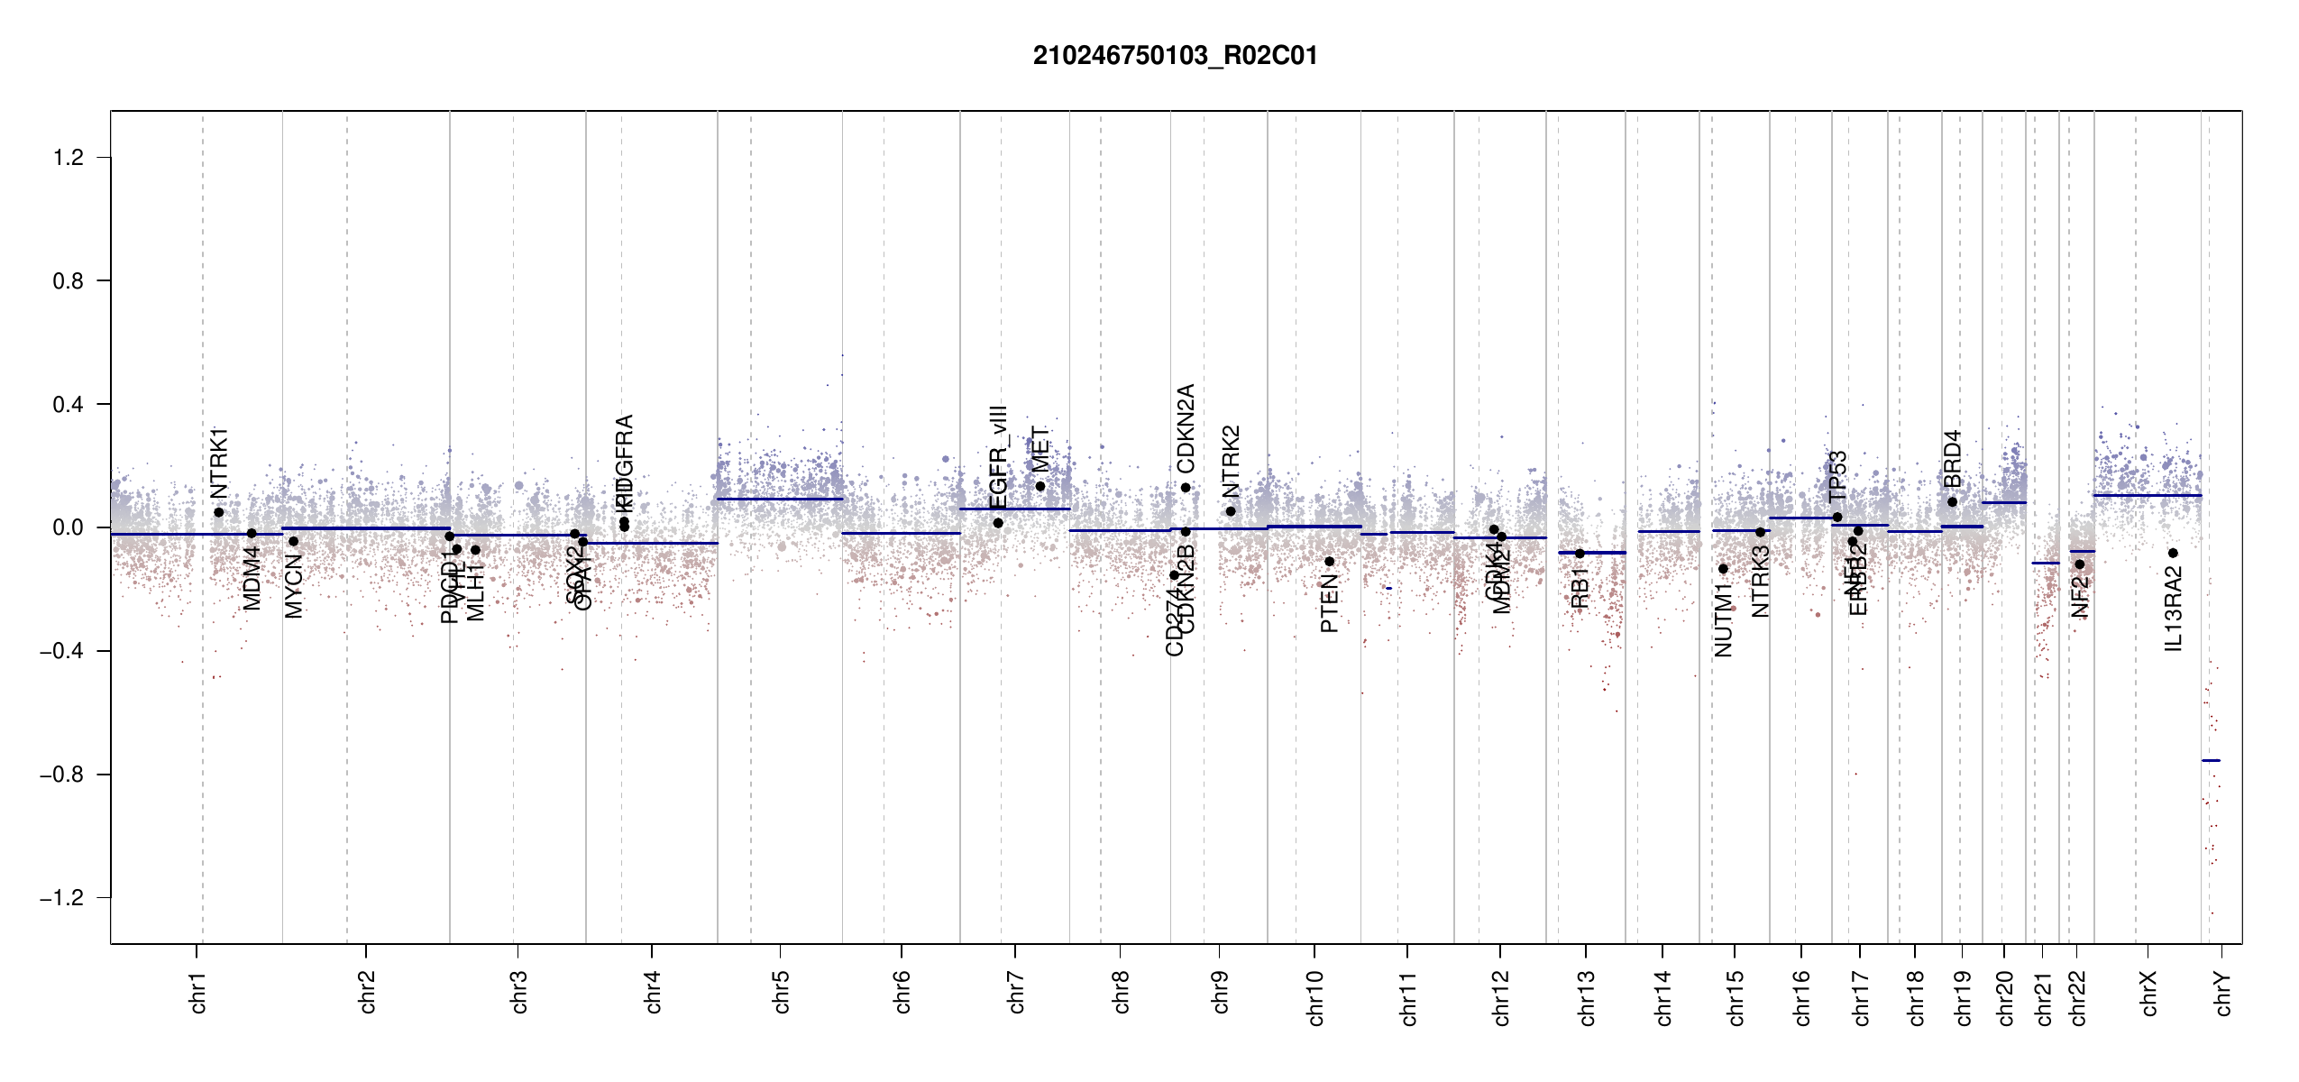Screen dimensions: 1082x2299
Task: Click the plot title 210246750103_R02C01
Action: pos(1175,56)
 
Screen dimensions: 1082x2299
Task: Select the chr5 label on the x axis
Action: pos(781,992)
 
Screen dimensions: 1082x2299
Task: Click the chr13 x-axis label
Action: pos(1587,997)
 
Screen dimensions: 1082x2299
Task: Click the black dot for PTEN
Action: pos(1329,562)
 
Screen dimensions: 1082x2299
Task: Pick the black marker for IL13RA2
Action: pos(2173,554)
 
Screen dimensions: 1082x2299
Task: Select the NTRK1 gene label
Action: pos(219,463)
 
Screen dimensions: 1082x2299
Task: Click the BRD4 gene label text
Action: pos(1952,459)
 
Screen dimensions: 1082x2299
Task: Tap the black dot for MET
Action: pos(1040,487)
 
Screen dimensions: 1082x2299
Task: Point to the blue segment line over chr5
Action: pos(780,499)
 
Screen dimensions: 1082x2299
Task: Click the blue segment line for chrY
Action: pos(2211,761)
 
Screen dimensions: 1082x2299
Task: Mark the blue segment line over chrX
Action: pos(2147,495)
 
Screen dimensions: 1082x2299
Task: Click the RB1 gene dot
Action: pos(1580,554)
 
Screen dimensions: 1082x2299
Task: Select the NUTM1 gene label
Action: pos(1723,620)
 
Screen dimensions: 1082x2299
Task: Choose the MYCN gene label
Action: pos(294,586)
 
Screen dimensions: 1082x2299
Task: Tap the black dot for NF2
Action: pos(2080,564)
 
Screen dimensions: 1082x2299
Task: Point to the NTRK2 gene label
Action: pos(1231,462)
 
